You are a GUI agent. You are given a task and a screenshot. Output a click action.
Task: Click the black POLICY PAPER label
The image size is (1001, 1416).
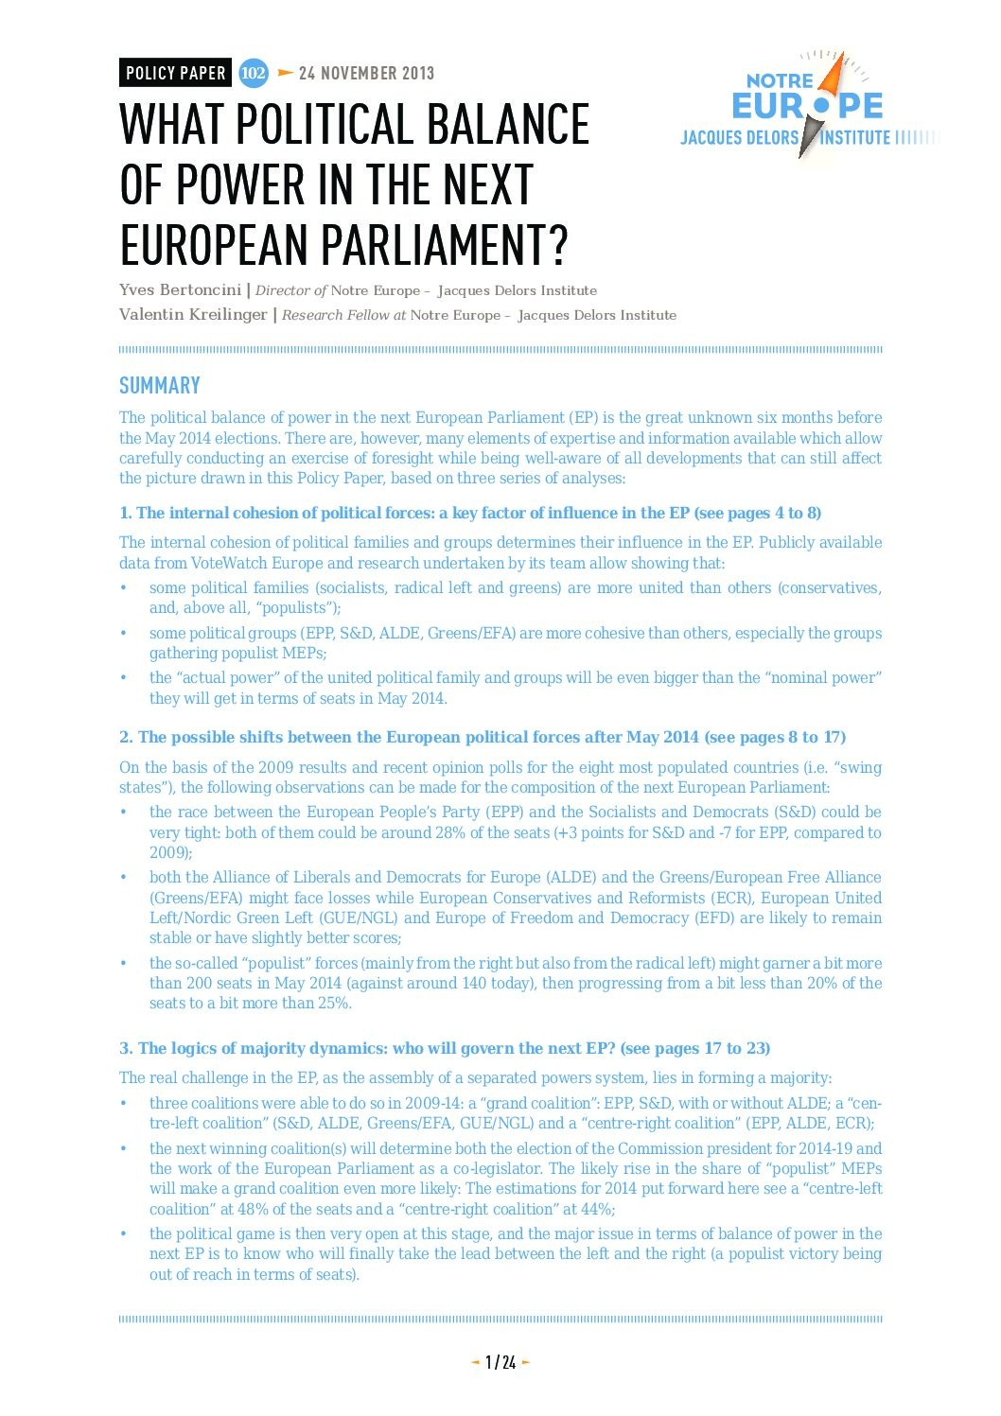coord(175,73)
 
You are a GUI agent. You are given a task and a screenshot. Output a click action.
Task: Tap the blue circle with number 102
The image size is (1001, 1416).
coord(253,73)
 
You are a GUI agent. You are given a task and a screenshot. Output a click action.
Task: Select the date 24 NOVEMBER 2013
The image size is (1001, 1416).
coord(366,73)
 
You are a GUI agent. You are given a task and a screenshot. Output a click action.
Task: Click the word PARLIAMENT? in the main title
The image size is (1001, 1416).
coord(444,244)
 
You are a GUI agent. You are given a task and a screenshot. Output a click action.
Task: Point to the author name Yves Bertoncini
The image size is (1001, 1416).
coord(180,290)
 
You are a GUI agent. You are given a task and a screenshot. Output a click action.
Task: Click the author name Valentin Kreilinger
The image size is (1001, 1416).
coord(193,315)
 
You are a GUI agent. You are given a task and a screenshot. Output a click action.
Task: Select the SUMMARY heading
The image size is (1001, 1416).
coord(160,386)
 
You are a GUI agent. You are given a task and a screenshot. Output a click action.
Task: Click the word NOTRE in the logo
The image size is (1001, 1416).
coord(780,81)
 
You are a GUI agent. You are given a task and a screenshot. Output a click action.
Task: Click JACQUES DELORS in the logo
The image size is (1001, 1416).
coord(740,138)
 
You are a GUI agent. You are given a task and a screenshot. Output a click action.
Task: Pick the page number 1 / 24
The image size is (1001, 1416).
coord(500,1362)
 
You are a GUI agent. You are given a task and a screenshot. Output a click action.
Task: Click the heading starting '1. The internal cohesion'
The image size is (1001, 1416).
coord(470,514)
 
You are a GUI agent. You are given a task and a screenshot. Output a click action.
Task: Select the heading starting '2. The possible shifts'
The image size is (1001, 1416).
coord(483,738)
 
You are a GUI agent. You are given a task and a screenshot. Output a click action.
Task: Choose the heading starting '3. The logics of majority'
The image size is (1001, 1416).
coord(445,1049)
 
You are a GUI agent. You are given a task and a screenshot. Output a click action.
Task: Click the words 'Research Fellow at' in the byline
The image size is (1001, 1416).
coord(344,315)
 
